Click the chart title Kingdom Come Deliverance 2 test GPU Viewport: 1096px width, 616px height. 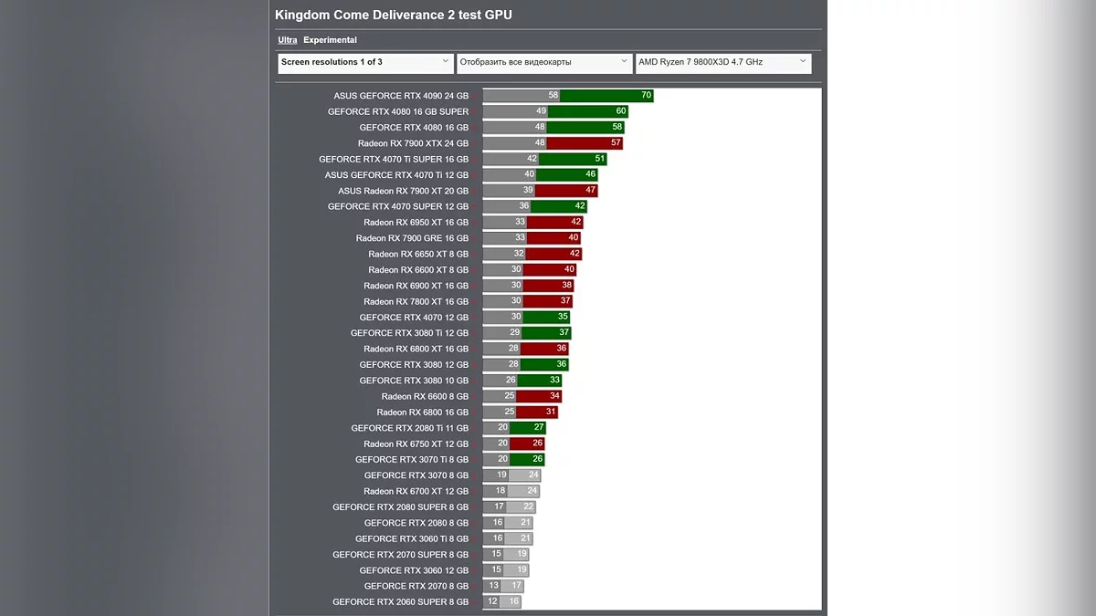(394, 15)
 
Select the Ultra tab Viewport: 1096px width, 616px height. (287, 40)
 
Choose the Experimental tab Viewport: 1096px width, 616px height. (330, 40)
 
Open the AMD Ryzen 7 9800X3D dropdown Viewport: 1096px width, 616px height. (722, 62)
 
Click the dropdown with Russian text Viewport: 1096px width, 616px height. (543, 62)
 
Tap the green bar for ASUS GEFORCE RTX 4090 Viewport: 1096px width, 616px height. (606, 96)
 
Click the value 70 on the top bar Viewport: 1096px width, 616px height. (646, 96)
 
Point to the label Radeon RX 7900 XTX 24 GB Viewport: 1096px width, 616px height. (413, 143)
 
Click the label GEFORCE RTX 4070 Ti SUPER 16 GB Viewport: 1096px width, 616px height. (394, 159)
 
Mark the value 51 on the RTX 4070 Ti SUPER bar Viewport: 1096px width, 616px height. (599, 159)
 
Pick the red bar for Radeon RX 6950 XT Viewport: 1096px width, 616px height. (555, 223)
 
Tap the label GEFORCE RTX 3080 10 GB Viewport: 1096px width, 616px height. (414, 381)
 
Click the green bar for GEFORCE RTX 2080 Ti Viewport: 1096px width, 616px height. (528, 428)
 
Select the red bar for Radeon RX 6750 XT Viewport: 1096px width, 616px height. (527, 444)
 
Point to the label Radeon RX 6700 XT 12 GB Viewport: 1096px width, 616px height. (416, 491)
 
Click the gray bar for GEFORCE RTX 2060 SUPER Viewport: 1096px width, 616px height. (491, 602)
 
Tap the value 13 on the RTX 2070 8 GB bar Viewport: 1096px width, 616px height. (493, 586)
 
